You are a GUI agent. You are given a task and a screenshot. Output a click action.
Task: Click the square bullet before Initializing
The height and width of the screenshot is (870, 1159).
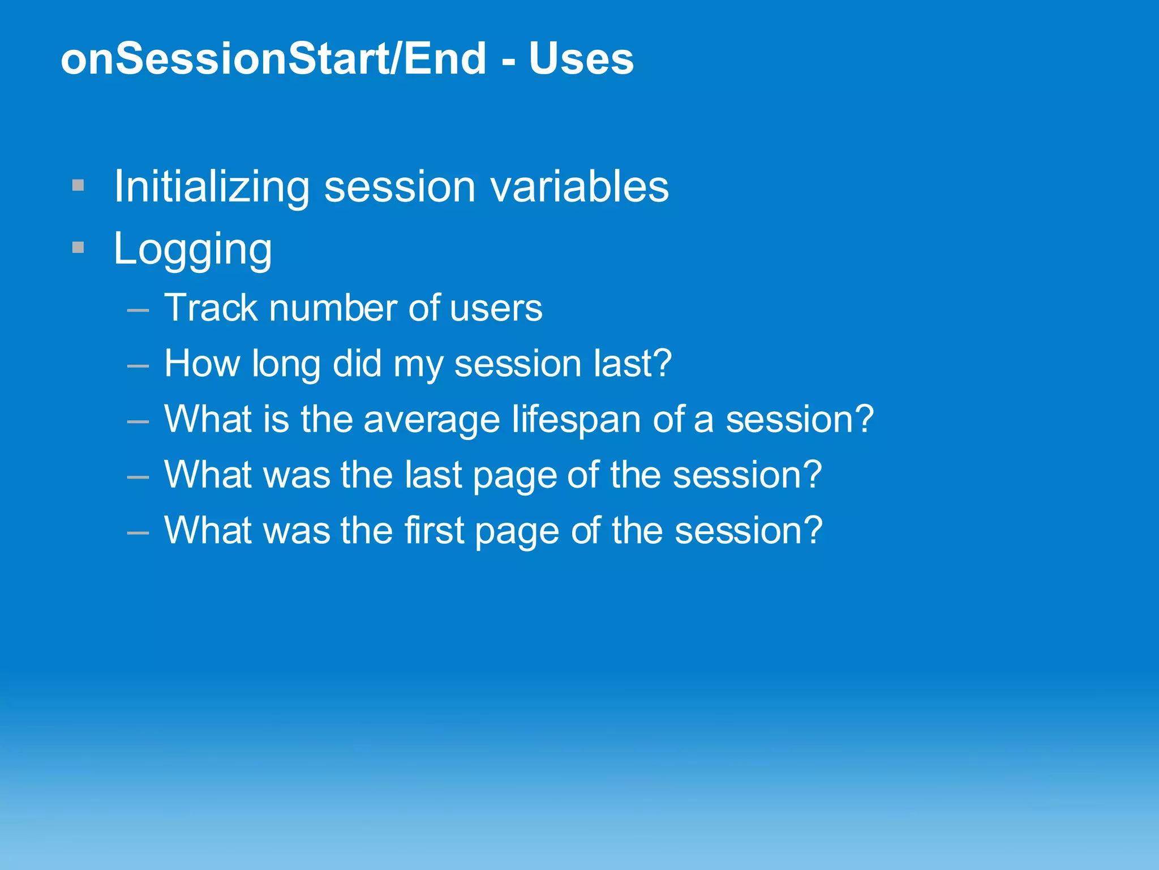(x=78, y=185)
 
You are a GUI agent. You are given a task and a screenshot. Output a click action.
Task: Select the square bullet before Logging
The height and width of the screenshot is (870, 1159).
(x=78, y=248)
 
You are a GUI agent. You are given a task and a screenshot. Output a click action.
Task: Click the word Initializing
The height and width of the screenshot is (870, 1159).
(x=212, y=187)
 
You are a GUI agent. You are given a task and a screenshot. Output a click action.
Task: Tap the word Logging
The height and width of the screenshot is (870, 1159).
(x=192, y=249)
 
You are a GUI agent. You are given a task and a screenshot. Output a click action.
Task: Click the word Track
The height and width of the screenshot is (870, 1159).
(x=211, y=308)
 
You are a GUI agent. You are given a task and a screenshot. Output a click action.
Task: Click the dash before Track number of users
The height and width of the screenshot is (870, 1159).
(x=138, y=310)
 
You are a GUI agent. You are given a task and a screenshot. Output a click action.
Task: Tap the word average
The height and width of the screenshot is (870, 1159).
(x=431, y=420)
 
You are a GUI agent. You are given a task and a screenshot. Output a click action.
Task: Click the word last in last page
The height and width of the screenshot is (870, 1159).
(x=433, y=475)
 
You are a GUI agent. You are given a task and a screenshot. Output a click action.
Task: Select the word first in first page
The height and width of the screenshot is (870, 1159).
(x=433, y=530)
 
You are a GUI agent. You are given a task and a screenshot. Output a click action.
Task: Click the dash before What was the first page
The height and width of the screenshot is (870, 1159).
(x=138, y=532)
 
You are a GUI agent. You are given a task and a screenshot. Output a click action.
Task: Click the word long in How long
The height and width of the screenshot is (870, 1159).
(x=286, y=364)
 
